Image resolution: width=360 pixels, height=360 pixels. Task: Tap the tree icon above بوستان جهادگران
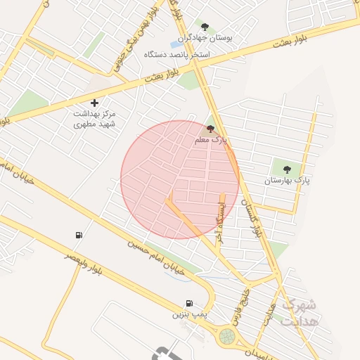click(x=205, y=27)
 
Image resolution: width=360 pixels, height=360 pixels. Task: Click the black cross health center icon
click(x=95, y=103)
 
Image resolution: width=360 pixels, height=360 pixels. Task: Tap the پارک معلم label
click(x=211, y=141)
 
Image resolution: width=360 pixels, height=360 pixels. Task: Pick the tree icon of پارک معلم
click(x=210, y=129)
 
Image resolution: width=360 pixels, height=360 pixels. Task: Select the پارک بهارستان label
click(x=287, y=181)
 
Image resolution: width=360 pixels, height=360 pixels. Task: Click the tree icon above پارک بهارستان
click(x=286, y=168)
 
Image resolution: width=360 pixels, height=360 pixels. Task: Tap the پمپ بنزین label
click(x=189, y=315)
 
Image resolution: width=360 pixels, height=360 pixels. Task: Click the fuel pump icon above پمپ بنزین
click(x=189, y=304)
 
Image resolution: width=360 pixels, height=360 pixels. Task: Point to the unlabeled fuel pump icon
click(x=77, y=235)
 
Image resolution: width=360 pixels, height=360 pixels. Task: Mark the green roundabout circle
click(x=227, y=337)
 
